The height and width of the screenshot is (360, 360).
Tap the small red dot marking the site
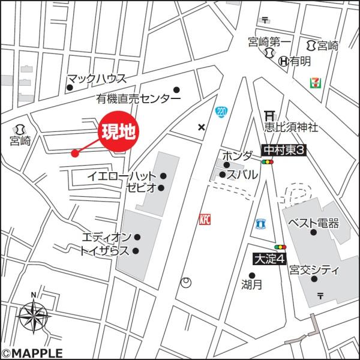75,153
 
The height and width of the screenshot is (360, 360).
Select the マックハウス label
96,78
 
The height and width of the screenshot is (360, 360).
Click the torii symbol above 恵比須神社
270,116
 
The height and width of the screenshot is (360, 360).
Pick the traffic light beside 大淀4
280,247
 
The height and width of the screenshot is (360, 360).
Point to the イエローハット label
121,176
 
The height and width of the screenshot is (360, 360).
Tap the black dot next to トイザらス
136,251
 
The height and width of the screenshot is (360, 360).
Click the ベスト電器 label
313,223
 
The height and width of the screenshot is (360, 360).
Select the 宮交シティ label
314,270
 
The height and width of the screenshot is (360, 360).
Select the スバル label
242,175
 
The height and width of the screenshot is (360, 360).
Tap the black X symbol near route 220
201,127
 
